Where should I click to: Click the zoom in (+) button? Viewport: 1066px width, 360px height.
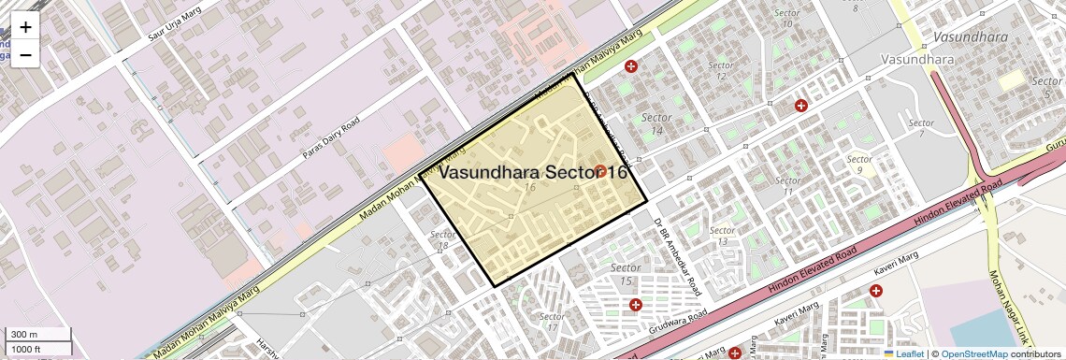[x=25, y=27]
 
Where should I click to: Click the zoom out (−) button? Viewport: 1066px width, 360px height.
[x=25, y=54]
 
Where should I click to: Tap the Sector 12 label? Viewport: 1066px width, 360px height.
[x=721, y=71]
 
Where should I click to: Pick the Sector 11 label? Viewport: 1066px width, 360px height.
[x=788, y=186]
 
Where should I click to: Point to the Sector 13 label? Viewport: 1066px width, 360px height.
[x=722, y=236]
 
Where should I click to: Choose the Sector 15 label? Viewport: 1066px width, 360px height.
[x=626, y=275]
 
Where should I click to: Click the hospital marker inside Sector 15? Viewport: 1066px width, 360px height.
[x=636, y=305]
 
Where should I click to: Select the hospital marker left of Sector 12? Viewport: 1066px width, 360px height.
[x=631, y=66]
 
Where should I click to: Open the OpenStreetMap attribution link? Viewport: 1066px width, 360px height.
[x=973, y=353]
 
